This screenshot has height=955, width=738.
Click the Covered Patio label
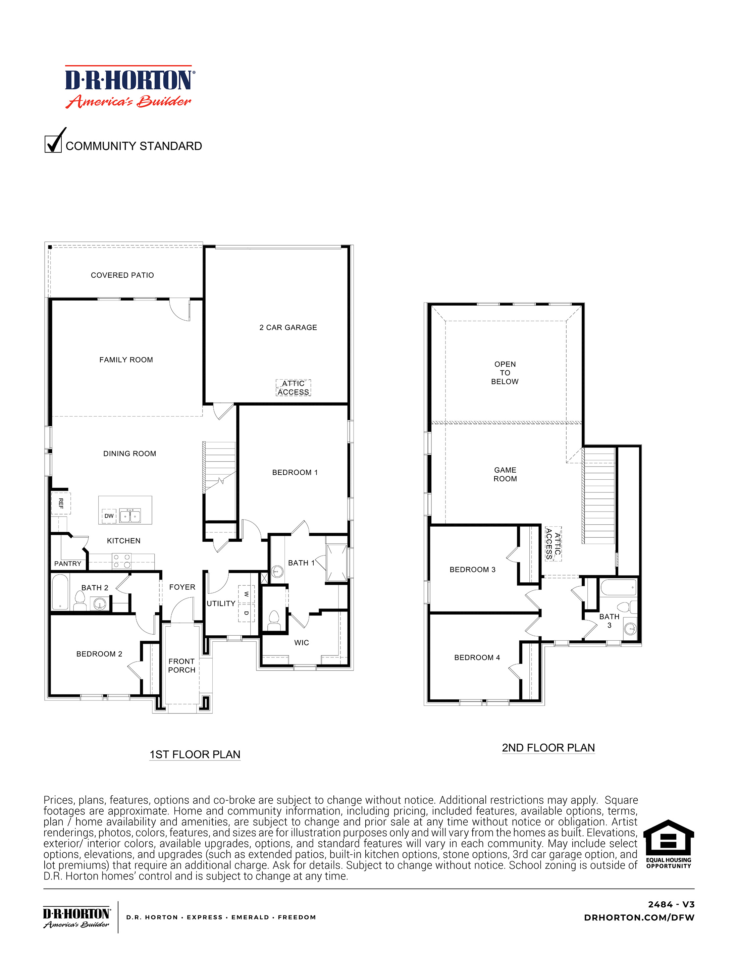pos(122,275)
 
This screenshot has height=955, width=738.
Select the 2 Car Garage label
pos(288,327)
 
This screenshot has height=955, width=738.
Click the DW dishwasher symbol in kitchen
pos(109,516)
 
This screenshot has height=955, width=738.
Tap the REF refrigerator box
pos(61,503)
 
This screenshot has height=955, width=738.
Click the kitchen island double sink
pos(130,516)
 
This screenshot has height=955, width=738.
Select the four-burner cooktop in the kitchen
pos(121,561)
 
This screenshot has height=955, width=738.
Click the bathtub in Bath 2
pos(60,592)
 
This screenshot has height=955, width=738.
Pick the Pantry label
pos(68,564)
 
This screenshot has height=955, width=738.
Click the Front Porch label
pos(182,666)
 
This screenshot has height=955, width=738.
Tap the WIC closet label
pos(302,642)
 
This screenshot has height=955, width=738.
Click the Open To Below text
pos(505,373)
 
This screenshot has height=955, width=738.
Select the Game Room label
pos(505,474)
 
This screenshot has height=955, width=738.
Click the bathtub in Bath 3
pos(618,587)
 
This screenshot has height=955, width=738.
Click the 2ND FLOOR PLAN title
pos(548,748)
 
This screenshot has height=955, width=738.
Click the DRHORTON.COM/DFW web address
pos(639,917)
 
